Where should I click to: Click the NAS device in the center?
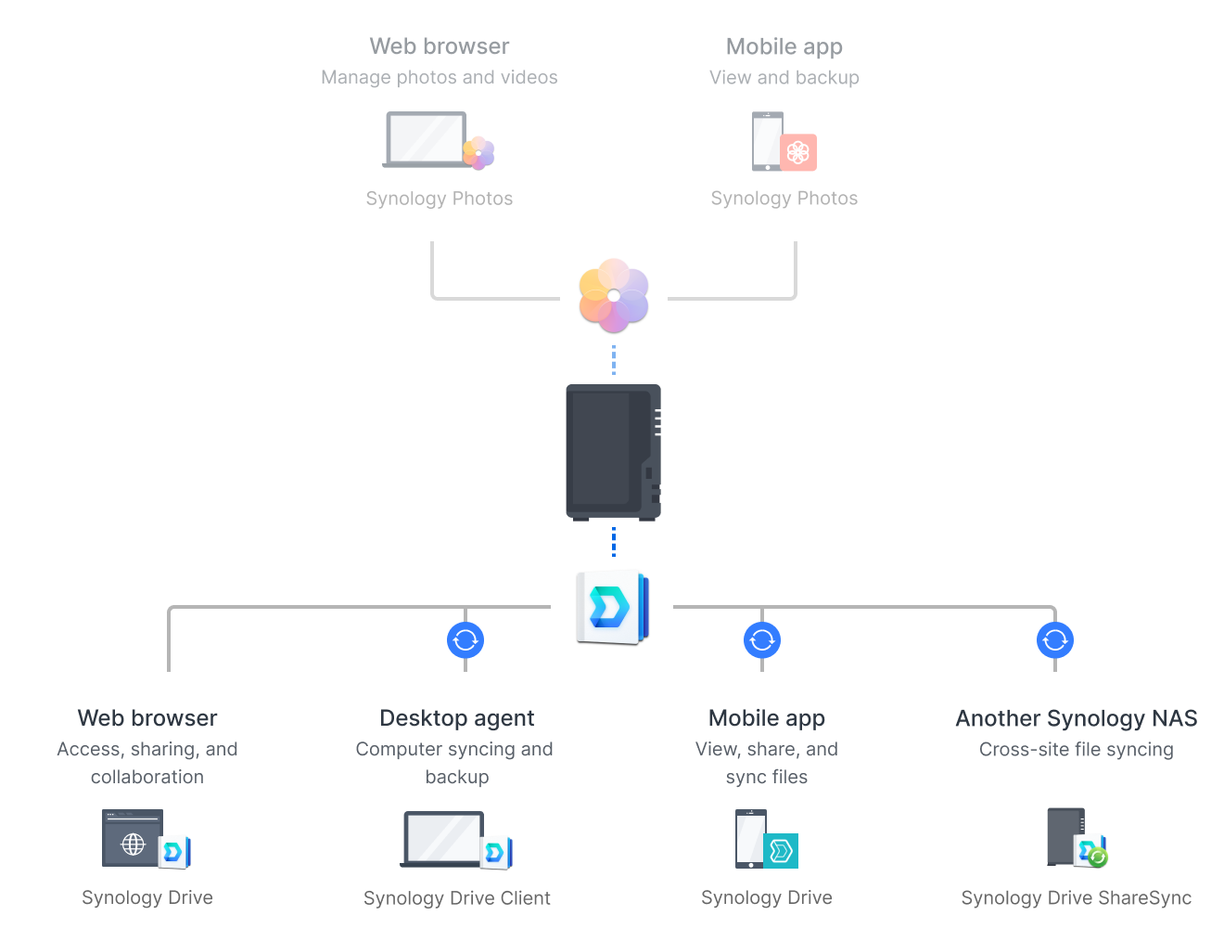(x=613, y=452)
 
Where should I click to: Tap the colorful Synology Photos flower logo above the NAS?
(x=613, y=295)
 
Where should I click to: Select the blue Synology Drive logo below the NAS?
(x=612, y=607)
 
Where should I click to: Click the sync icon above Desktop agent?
(x=465, y=639)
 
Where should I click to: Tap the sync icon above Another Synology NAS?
(x=1055, y=639)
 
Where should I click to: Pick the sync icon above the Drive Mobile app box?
(x=762, y=639)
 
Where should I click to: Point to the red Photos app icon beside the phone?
(x=798, y=152)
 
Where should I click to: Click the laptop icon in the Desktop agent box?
(x=443, y=839)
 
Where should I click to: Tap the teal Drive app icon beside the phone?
(x=781, y=850)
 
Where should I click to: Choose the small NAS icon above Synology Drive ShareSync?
(x=1066, y=836)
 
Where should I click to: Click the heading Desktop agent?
(x=457, y=718)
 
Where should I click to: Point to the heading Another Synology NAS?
(x=1077, y=718)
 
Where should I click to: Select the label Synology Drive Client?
(x=457, y=898)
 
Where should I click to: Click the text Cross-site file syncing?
(x=1077, y=750)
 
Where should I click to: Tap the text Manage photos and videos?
(x=440, y=78)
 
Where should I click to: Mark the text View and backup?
(x=784, y=78)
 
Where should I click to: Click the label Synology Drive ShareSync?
(x=1077, y=898)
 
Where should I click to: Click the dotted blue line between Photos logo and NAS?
(x=613, y=360)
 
